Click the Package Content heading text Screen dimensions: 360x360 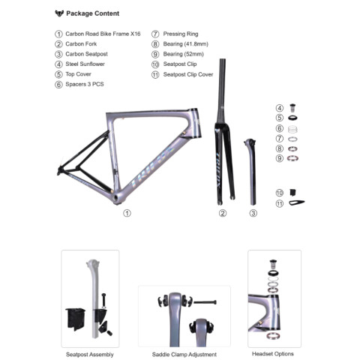click(x=92, y=13)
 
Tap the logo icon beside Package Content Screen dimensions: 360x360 click(x=59, y=13)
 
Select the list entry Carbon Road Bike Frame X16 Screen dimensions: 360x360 click(x=103, y=34)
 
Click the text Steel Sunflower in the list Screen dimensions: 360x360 click(x=85, y=64)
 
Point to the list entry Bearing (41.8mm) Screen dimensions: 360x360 click(x=185, y=44)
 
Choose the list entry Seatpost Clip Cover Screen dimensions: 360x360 click(x=188, y=74)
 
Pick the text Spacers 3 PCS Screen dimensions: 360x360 click(x=85, y=84)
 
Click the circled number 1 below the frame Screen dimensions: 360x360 click(x=127, y=213)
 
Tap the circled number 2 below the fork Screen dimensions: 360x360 click(x=223, y=213)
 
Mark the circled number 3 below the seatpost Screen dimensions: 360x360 click(x=253, y=213)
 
